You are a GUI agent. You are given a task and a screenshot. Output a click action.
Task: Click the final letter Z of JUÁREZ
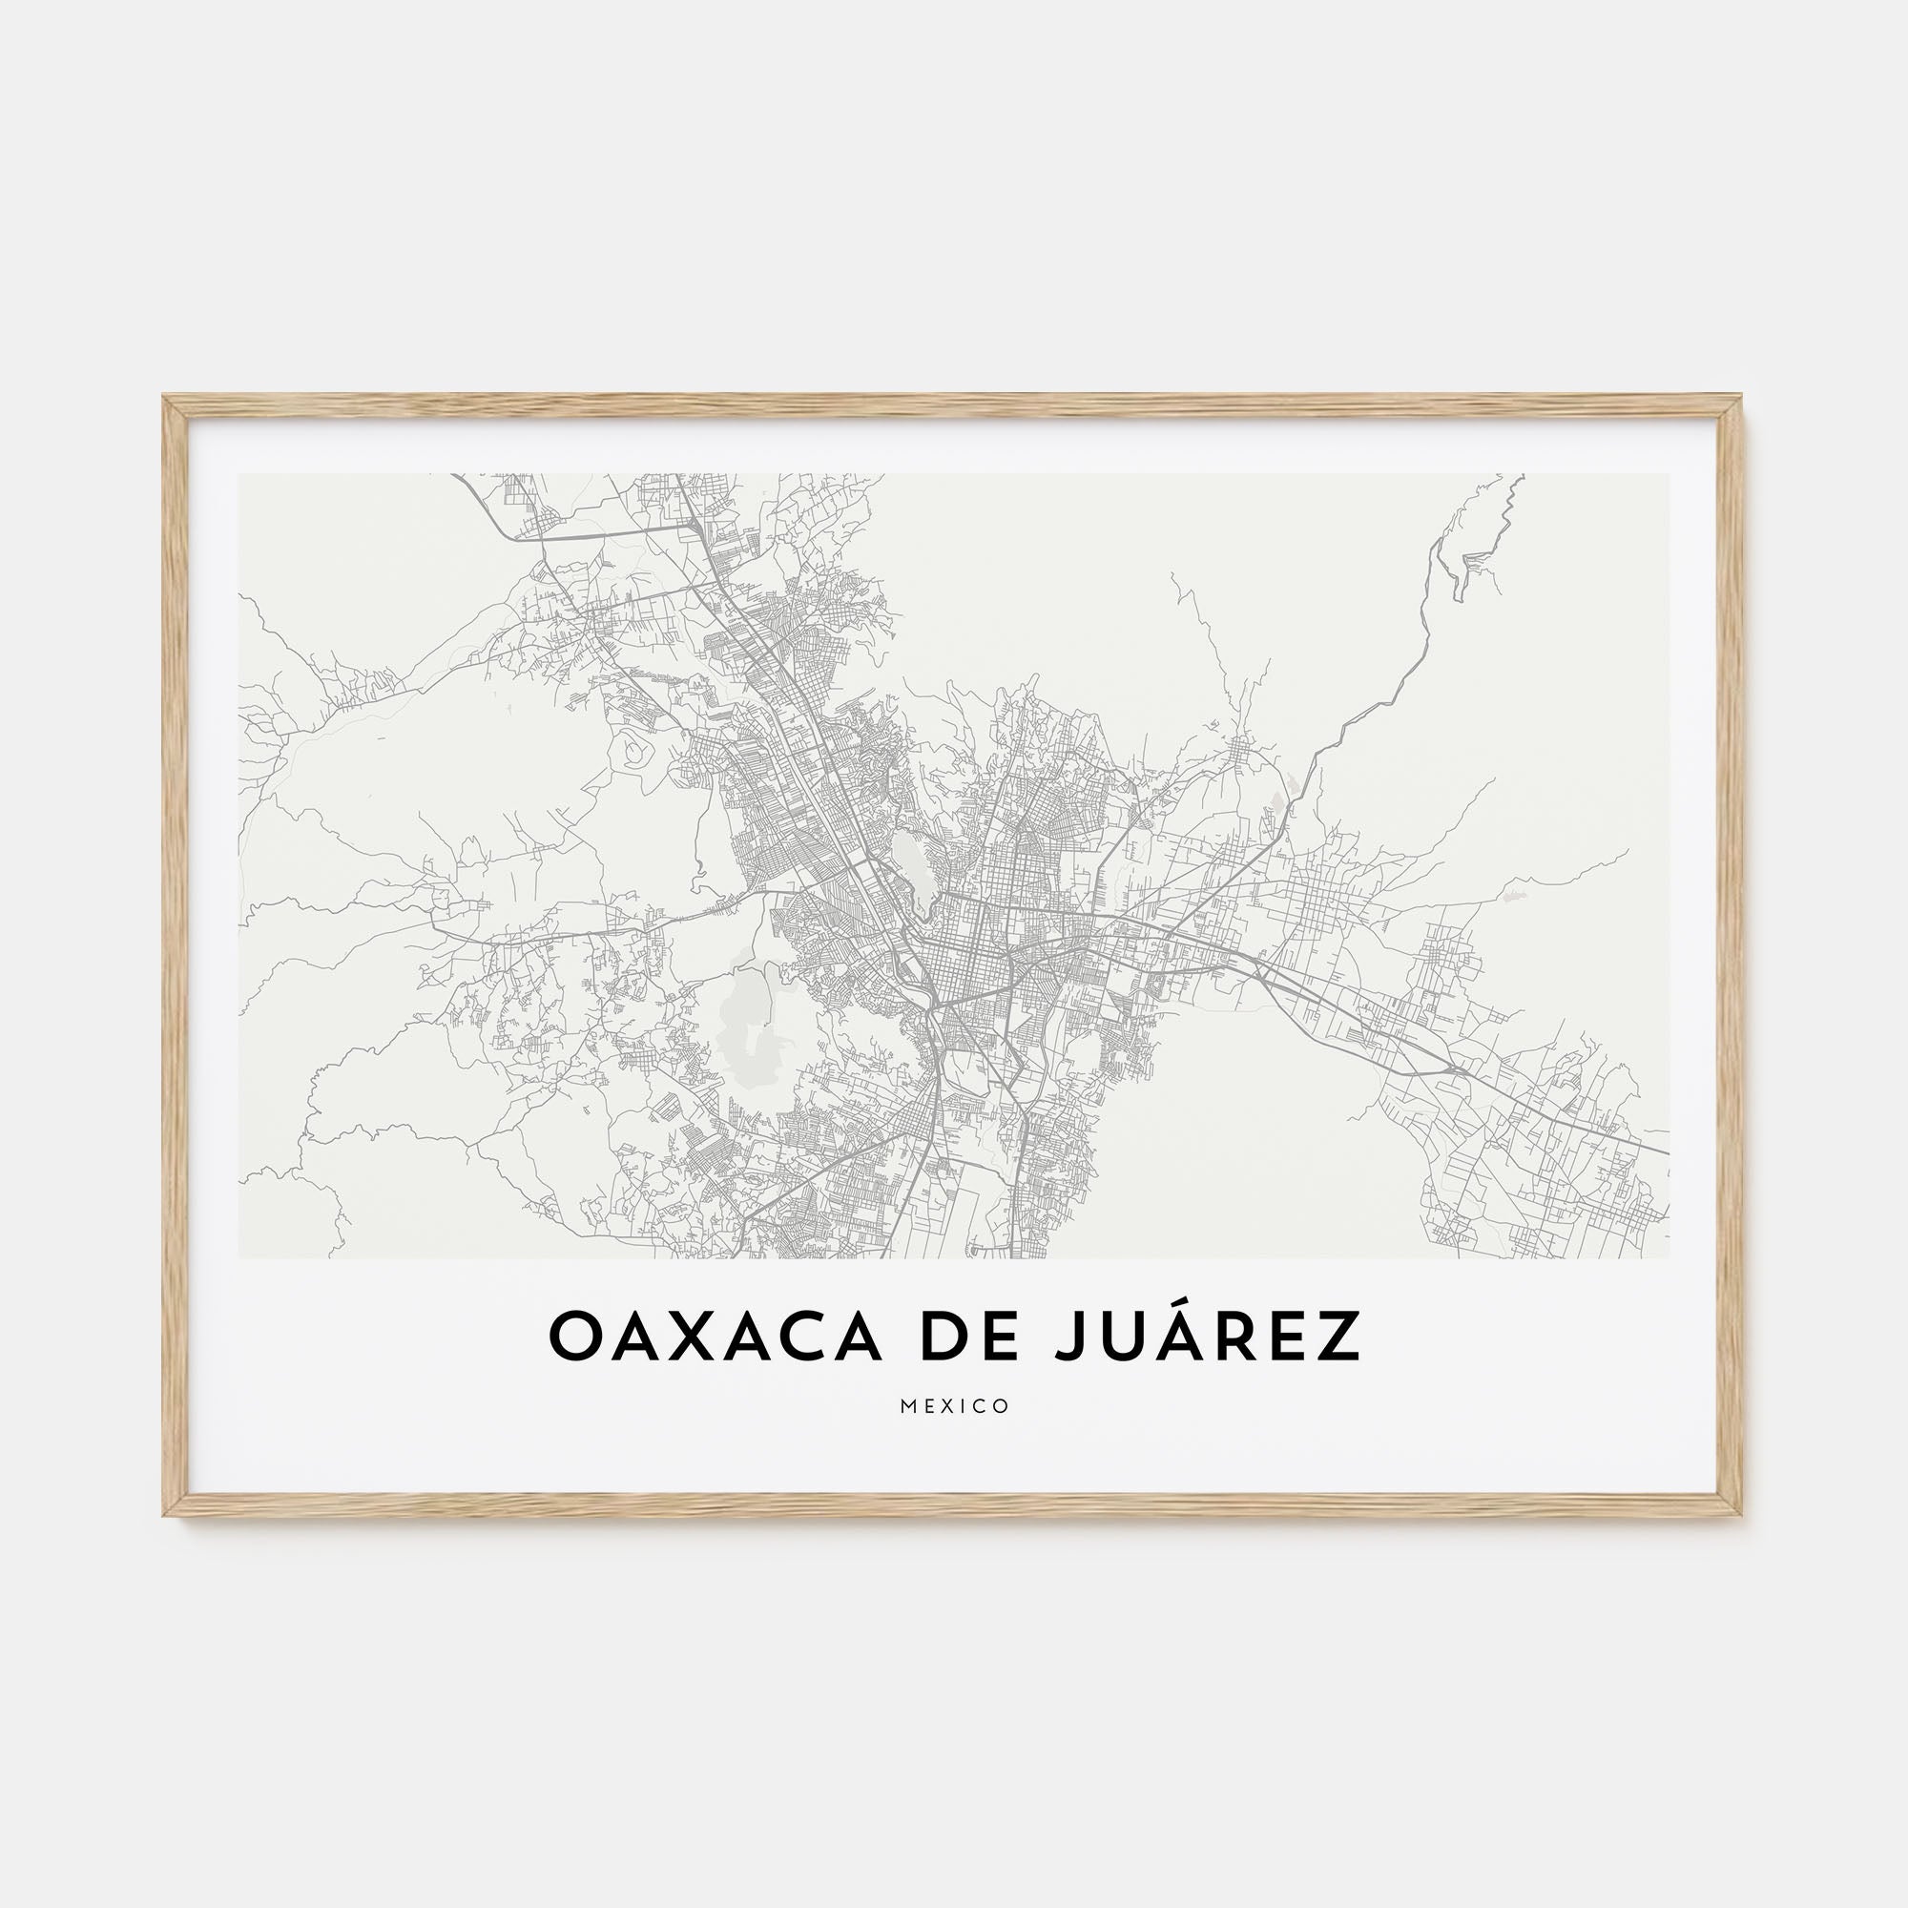pos(1342,1338)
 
